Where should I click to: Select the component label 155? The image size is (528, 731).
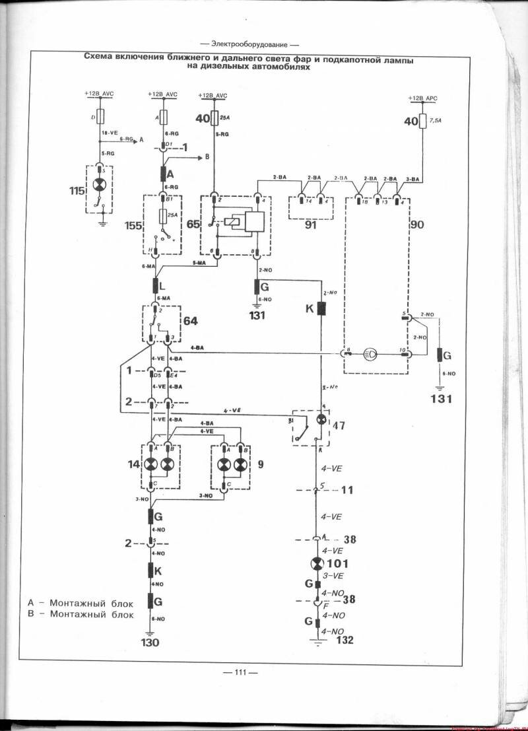(133, 225)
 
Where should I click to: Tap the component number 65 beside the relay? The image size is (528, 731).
(193, 225)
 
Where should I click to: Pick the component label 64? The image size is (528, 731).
(191, 322)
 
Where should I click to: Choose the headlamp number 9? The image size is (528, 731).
(260, 464)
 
